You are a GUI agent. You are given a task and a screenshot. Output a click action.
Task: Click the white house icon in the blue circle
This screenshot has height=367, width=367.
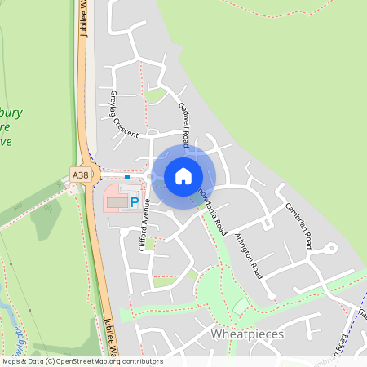pos(183,175)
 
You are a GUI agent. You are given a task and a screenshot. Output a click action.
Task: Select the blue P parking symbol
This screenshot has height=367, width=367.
pos(135,201)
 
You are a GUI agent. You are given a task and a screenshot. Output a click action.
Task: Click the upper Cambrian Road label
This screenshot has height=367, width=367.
pos(294,216)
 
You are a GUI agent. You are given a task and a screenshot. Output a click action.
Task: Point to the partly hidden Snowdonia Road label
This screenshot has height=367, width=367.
pos(214,200)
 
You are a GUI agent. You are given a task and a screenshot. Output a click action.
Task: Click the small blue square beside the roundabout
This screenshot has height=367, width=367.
pos(127,175)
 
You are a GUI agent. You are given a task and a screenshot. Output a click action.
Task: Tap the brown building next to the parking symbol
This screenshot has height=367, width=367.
pos(117,200)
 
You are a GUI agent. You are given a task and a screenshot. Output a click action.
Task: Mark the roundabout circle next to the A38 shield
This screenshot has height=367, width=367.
pos(95,175)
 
